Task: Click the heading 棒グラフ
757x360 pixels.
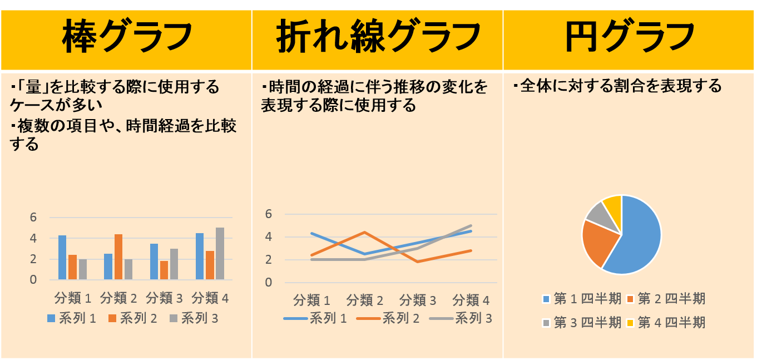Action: coord(126,36)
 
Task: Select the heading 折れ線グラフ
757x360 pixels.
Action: coord(378,36)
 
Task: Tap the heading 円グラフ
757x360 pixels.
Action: coord(630,36)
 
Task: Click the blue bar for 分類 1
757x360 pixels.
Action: coord(62,258)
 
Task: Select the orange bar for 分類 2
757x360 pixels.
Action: coord(118,257)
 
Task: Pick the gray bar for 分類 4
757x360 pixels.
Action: coord(220,253)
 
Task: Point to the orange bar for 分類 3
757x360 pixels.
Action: coord(164,270)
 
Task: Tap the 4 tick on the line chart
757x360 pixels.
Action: coord(269,237)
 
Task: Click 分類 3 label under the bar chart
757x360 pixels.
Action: coord(164,298)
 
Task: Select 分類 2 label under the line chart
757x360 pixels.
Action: coord(365,301)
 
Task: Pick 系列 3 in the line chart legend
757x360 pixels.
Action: coord(473,319)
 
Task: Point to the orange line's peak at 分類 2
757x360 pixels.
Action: coord(365,232)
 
